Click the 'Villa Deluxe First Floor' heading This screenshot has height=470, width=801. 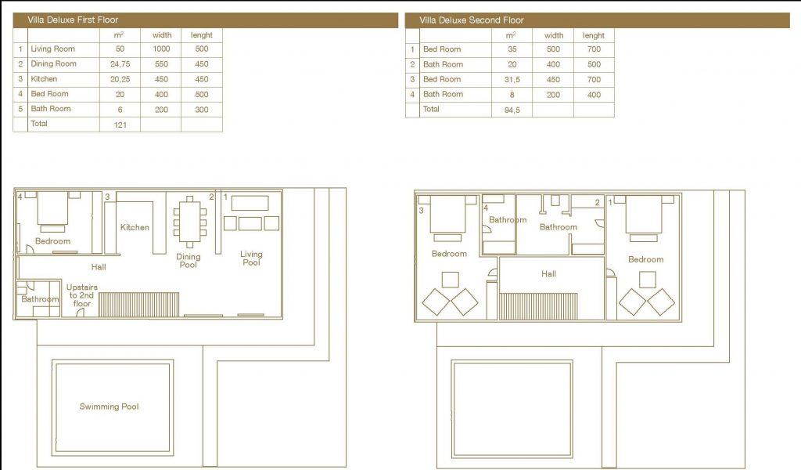click(73, 20)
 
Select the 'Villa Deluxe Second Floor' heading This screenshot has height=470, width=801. click(472, 20)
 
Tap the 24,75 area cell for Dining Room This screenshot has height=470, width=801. click(120, 64)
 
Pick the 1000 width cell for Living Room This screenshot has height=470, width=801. click(161, 49)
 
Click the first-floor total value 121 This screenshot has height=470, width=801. click(120, 125)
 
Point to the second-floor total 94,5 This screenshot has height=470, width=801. click(512, 110)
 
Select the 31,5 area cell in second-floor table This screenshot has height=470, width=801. click(512, 80)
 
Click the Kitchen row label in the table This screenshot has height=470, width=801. click(44, 79)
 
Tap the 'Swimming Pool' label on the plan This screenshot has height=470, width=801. click(109, 407)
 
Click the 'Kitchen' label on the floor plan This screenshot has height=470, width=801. click(135, 227)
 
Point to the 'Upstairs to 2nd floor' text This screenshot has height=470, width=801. click(81, 295)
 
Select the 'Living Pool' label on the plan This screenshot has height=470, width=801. click(251, 258)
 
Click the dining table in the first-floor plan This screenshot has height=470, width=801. click(189, 222)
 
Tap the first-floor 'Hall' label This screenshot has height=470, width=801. click(99, 267)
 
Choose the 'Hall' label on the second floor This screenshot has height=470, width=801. click(548, 274)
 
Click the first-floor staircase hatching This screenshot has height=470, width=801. click(139, 305)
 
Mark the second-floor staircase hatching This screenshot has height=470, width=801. click(538, 306)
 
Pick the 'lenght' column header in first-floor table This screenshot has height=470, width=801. click(202, 35)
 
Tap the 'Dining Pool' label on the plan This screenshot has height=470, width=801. click(189, 261)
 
